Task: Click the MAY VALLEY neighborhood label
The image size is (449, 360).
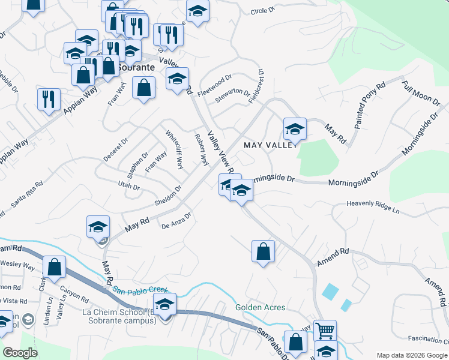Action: click(x=270, y=146)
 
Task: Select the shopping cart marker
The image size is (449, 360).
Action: click(x=325, y=331)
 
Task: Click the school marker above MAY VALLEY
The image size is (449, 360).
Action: click(x=295, y=129)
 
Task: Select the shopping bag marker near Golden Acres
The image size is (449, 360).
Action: click(x=263, y=251)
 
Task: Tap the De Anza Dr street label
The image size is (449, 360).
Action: click(x=176, y=221)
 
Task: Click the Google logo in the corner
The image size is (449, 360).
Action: click(x=20, y=352)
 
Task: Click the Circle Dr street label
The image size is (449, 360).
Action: click(x=262, y=11)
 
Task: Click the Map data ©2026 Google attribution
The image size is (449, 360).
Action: click(x=411, y=355)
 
